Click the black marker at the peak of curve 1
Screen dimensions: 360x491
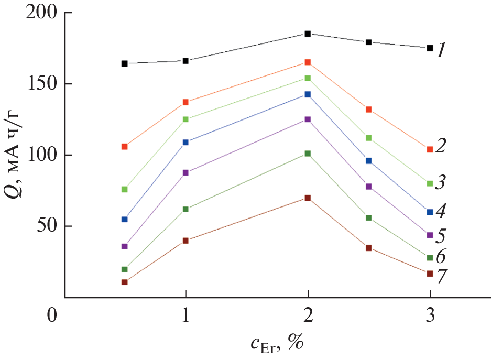[308, 34]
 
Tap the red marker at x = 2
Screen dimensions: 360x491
[308, 62]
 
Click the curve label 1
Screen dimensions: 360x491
[442, 50]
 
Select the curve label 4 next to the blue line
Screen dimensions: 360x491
[442, 212]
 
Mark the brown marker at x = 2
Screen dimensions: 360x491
[308, 198]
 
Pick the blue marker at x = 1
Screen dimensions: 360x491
[186, 142]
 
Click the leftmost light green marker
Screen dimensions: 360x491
[125, 189]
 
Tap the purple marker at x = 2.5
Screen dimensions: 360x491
[369, 187]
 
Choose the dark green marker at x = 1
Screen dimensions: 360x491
[186, 209]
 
